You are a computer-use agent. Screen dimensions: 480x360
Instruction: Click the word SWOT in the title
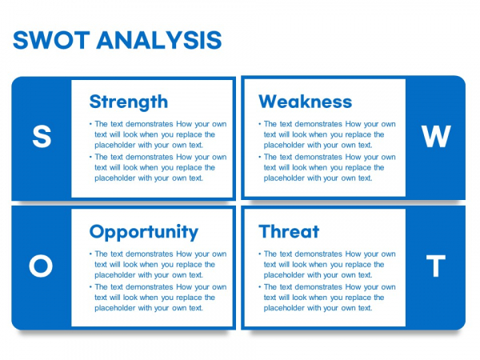pyautogui.click(x=51, y=40)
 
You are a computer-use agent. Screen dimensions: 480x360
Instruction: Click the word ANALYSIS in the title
pyautogui.click(x=159, y=40)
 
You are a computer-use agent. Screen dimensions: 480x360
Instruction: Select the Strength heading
pyautogui.click(x=129, y=102)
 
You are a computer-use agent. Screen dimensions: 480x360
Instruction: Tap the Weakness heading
pyautogui.click(x=306, y=102)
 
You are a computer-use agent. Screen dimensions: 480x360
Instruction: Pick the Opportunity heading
pyautogui.click(x=144, y=232)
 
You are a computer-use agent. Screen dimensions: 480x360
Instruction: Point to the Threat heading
pyautogui.click(x=289, y=231)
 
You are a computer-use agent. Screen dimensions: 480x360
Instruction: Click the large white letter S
pyautogui.click(x=42, y=136)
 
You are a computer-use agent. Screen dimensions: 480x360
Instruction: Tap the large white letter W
pyautogui.click(x=436, y=136)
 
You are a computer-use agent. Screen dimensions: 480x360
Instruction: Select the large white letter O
pyautogui.click(x=41, y=266)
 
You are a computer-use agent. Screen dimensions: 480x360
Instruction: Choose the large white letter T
pyautogui.click(x=436, y=266)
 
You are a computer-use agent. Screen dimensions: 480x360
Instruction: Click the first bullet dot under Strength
pyautogui.click(x=90, y=124)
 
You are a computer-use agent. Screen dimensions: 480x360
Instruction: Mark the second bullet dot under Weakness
pyautogui.click(x=260, y=157)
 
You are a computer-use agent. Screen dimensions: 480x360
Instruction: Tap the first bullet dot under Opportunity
pyautogui.click(x=90, y=254)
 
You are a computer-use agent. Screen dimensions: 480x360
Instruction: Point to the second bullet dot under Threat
pyautogui.click(x=260, y=287)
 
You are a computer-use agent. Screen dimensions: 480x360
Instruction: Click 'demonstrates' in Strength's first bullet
pyautogui.click(x=150, y=124)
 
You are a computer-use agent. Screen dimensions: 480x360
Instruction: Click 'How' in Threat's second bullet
pyautogui.click(x=354, y=287)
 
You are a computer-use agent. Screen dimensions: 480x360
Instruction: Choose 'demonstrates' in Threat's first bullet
pyautogui.click(x=318, y=254)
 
